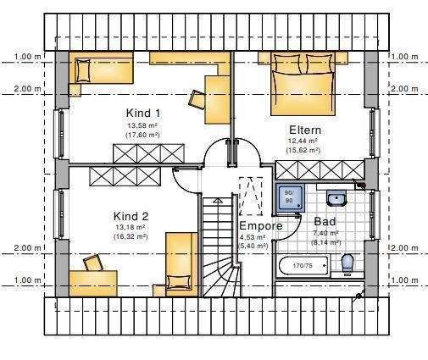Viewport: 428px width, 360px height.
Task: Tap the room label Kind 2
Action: point(131,216)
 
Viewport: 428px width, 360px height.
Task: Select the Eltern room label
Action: point(303,130)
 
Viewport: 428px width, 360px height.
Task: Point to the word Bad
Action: point(325,221)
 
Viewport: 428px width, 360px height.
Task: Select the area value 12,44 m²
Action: point(303,141)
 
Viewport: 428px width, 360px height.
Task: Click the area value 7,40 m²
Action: point(325,232)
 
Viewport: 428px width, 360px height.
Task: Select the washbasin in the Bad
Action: point(336,200)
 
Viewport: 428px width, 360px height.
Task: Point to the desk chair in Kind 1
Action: point(197,98)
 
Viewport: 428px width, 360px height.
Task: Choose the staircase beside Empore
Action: point(219,246)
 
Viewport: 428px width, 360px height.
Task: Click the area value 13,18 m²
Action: point(131,227)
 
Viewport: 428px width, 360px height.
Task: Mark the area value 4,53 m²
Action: point(253,237)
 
